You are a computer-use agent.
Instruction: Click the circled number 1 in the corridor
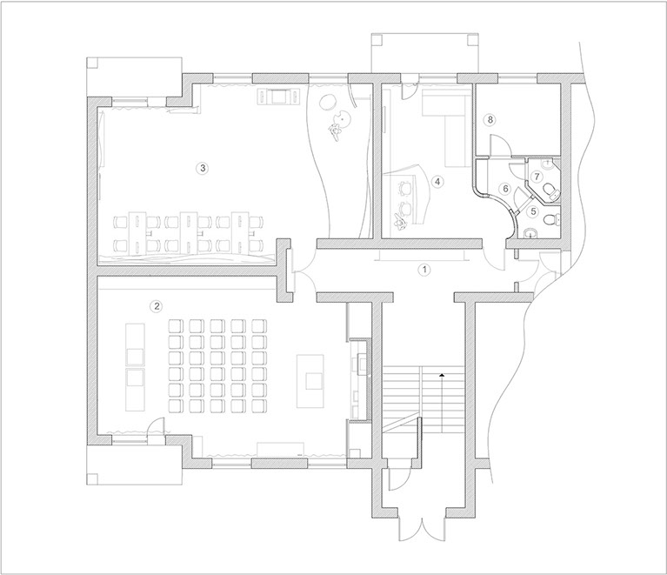pyautogui.click(x=424, y=270)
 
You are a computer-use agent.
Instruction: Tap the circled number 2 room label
pyautogui.click(x=157, y=306)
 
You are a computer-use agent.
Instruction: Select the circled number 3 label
pyautogui.click(x=203, y=168)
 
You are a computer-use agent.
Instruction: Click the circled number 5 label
pyautogui.click(x=533, y=211)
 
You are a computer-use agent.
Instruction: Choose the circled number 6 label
pyautogui.click(x=506, y=188)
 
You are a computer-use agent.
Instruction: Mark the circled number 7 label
pyautogui.click(x=537, y=176)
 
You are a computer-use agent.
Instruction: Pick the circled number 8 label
pyautogui.click(x=490, y=119)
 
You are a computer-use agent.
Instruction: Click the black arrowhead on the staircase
pyautogui.click(x=442, y=375)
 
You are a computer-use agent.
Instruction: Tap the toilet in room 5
pyautogui.click(x=552, y=219)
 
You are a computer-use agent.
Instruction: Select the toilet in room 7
pyautogui.click(x=551, y=191)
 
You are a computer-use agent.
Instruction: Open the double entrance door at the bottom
pyautogui.click(x=422, y=529)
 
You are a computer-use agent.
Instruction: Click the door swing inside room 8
pyautogui.click(x=500, y=145)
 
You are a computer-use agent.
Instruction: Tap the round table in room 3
pyautogui.click(x=328, y=102)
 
